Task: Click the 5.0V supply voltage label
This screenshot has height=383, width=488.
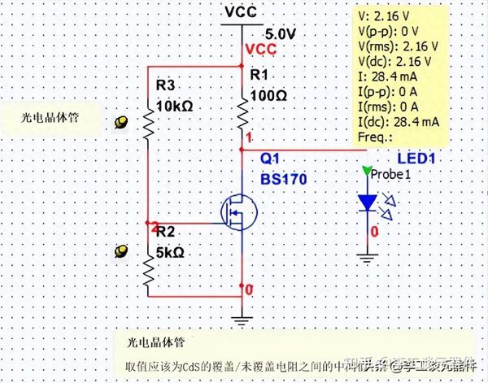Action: pyautogui.click(x=281, y=33)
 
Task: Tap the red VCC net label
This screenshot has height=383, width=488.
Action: pyautogui.click(x=260, y=50)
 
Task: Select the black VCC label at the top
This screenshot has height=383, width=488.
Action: pyautogui.click(x=242, y=13)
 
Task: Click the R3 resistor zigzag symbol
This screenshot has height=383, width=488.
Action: pyautogui.click(x=149, y=124)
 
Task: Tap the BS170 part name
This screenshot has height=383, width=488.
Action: pyautogui.click(x=283, y=177)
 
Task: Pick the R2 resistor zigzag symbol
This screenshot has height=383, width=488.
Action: pyautogui.click(x=149, y=270)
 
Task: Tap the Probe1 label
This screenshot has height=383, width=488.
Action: pyautogui.click(x=391, y=173)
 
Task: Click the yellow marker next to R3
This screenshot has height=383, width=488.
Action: pyautogui.click(x=122, y=123)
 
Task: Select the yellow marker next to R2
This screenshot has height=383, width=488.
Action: pyautogui.click(x=122, y=250)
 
